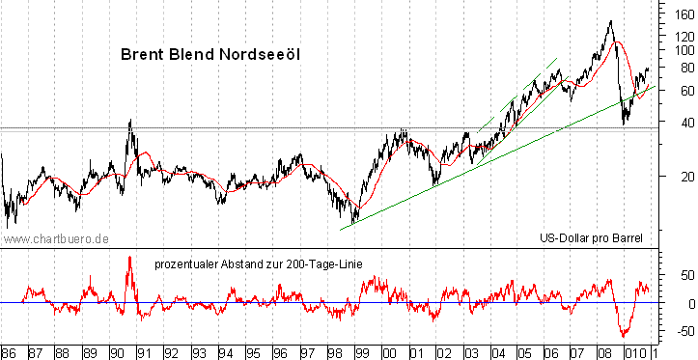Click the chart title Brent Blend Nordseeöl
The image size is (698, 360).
coord(210,55)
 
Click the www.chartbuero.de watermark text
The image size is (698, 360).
coord(55,237)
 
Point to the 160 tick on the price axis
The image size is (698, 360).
coord(680,13)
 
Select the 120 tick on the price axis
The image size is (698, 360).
coord(680,35)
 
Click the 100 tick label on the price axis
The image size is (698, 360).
coord(680,50)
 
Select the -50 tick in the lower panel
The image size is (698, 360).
coord(682,331)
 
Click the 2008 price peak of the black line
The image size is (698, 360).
coord(610,21)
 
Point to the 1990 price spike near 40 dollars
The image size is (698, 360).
coord(130,121)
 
